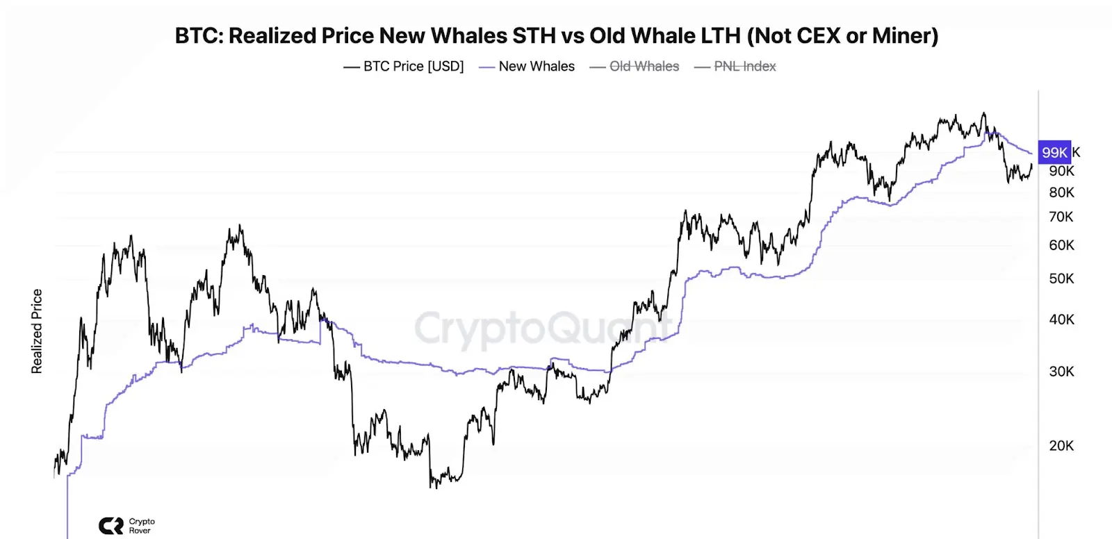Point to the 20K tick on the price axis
coord(1061,446)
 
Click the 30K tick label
coord(1061,372)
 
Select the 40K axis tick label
coord(1061,320)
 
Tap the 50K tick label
coord(1061,279)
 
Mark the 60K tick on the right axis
coord(1061,245)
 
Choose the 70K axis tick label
coord(1061,217)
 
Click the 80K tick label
coord(1061,192)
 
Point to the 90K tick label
coord(1061,171)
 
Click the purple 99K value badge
coord(1054,152)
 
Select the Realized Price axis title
coord(37,331)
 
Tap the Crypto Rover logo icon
coord(111,526)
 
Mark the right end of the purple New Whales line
coord(1031,153)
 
